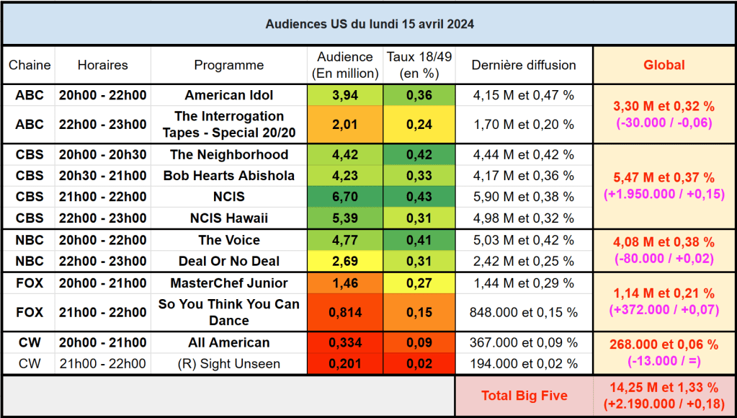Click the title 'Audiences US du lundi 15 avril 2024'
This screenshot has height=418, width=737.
[369, 24]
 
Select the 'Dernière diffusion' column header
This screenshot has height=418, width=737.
[524, 65]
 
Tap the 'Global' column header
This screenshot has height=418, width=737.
[664, 65]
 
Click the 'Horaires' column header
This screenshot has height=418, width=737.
[102, 65]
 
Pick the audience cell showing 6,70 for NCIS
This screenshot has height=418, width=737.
[345, 197]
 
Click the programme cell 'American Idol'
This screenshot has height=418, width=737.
[228, 95]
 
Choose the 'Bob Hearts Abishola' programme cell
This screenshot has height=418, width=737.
[228, 176]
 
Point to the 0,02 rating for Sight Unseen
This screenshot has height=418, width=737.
[419, 364]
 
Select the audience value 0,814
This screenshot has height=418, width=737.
[345, 312]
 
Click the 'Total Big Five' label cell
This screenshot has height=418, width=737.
[524, 396]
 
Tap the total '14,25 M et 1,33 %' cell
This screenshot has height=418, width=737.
[664, 396]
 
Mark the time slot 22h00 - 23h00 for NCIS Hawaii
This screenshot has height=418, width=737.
[102, 218]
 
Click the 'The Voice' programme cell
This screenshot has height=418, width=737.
[228, 240]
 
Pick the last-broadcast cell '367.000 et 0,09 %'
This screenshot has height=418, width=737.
[524, 342]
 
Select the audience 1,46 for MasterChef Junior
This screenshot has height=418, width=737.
[345, 283]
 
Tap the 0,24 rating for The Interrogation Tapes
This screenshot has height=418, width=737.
[419, 124]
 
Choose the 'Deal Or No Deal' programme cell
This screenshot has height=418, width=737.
[228, 261]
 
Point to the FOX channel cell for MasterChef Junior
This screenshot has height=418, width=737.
[30, 283]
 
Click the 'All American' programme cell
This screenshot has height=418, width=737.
[228, 342]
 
